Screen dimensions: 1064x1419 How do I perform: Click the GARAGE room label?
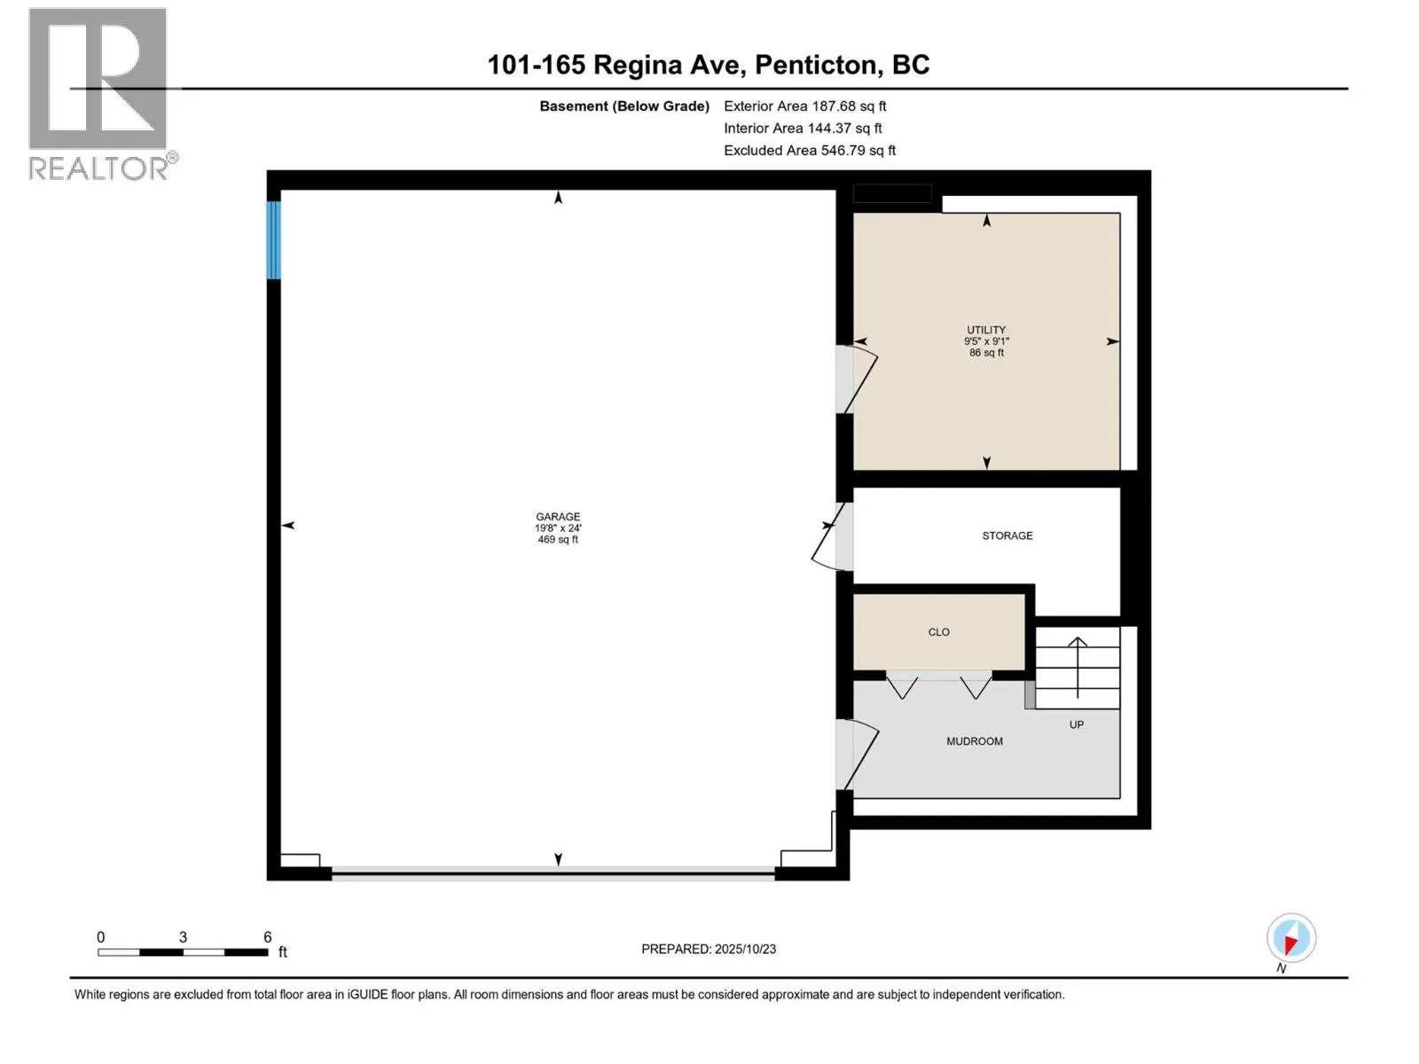coord(557,516)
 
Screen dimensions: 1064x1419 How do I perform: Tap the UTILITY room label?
coord(986,330)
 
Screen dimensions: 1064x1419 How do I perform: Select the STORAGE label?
coord(1007,536)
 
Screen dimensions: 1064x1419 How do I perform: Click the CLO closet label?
coord(938,632)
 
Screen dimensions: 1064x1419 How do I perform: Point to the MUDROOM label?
coord(974,741)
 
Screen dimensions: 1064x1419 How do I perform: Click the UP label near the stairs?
coord(1076,724)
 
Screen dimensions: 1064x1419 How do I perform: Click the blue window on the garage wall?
coord(274,240)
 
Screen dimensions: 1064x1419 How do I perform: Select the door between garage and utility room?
coord(856,379)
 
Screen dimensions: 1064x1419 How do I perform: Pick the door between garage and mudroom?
coord(856,754)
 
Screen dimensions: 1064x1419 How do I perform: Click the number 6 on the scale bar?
coord(267,937)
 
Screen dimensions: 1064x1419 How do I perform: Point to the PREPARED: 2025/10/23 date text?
coord(708,949)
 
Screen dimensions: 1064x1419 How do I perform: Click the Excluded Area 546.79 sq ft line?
coord(809,151)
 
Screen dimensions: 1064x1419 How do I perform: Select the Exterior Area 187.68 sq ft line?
coord(804,106)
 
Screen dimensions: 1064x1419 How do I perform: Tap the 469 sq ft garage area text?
coord(557,540)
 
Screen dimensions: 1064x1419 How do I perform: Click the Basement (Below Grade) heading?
coord(623,106)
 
